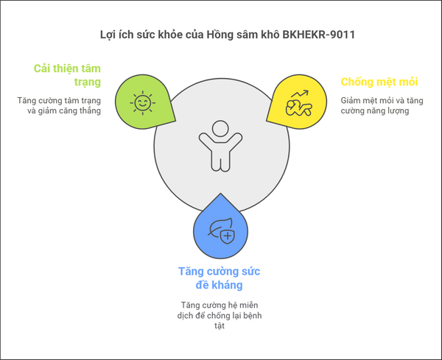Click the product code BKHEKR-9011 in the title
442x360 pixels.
[x=318, y=35]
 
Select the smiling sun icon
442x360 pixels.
[x=143, y=103]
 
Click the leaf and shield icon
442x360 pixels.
[x=222, y=230]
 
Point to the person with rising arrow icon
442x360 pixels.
[x=299, y=103]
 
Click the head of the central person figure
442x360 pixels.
[x=220, y=128]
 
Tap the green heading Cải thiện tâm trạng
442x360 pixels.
[x=67, y=75]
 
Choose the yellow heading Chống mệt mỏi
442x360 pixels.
[x=379, y=82]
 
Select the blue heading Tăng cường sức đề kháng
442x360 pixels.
[x=219, y=278]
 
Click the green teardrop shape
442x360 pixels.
[x=144, y=102]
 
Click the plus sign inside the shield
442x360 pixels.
[x=228, y=236]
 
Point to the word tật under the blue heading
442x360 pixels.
[x=220, y=326]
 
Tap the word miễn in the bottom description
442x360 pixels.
[x=249, y=306]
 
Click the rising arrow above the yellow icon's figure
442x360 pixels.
[x=301, y=93]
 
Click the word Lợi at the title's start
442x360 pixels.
[x=107, y=35]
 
